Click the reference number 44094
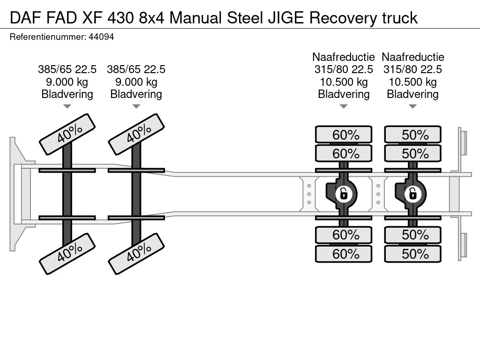tap(101, 37)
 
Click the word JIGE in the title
tap(286, 18)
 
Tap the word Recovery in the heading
tap(343, 18)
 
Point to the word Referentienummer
tap(47, 37)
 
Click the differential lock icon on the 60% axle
tap(344, 194)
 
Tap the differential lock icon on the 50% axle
tap(412, 194)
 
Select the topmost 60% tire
tap(344, 135)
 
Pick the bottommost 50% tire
tap(412, 254)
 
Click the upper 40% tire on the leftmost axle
tap(67, 134)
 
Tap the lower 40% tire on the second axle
tap(136, 254)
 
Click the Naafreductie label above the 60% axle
tap(344, 57)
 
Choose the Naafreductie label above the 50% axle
tap(412, 57)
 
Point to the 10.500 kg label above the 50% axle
tap(412, 82)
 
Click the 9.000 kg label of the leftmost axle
tap(67, 82)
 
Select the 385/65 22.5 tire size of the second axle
tap(136, 69)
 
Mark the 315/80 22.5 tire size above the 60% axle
tap(344, 69)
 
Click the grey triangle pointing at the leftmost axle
tap(67, 106)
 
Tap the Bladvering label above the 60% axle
tap(344, 94)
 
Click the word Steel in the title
tap(245, 18)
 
